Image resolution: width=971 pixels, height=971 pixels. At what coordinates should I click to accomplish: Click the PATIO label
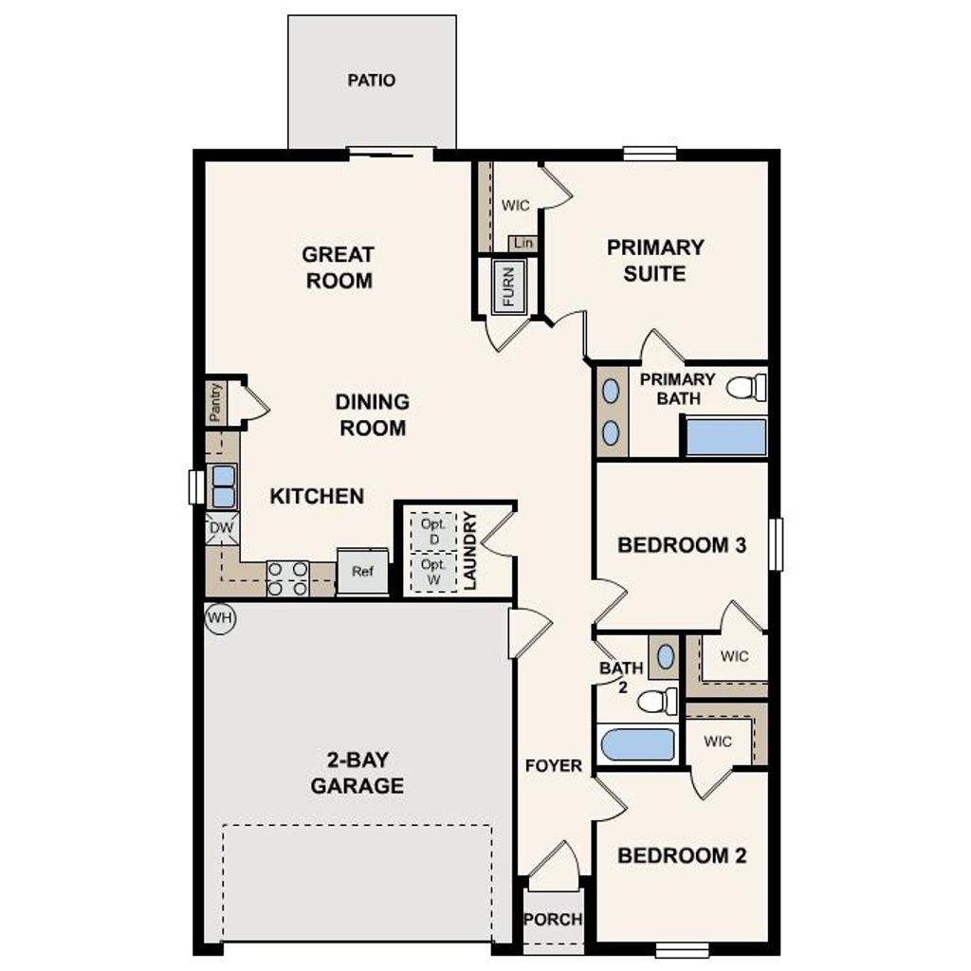tap(372, 81)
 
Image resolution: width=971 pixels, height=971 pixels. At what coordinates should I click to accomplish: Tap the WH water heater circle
tap(220, 618)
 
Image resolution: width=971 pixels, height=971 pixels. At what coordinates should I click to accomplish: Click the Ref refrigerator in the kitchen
tap(362, 572)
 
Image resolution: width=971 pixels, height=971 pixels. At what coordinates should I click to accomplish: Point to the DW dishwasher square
tap(221, 528)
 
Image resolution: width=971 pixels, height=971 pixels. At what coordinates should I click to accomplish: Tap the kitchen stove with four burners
tap(287, 578)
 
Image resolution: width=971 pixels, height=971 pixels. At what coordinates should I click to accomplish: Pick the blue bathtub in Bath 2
tap(638, 744)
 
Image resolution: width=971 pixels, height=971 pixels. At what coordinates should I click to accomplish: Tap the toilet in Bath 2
tap(656, 702)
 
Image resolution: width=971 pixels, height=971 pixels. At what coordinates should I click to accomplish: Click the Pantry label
tap(216, 403)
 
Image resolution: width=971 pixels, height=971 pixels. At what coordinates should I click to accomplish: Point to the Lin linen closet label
tap(522, 244)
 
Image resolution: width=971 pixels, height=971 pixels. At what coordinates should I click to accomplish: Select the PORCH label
tap(553, 919)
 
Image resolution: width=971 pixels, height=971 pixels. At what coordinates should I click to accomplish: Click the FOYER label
tap(554, 765)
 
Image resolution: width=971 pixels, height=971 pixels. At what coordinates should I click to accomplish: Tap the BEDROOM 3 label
tap(682, 545)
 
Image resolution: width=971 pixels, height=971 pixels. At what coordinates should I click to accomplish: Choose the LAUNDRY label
tap(471, 551)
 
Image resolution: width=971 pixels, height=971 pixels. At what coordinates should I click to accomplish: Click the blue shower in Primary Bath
tap(726, 437)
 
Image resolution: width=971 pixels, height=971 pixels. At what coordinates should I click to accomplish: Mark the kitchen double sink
tap(224, 486)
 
